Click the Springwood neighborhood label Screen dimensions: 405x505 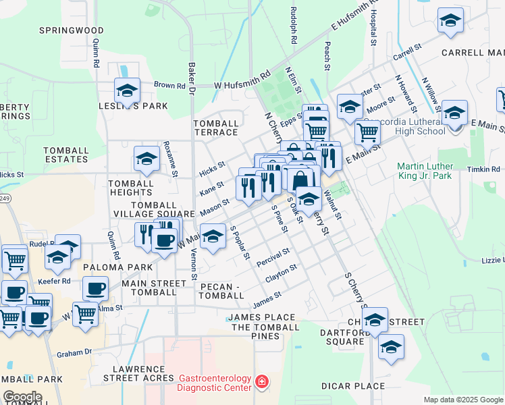[71, 30]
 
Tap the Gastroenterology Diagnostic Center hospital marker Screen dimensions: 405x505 [262, 383]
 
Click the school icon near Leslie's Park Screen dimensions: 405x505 [127, 90]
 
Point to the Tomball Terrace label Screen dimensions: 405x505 [216, 128]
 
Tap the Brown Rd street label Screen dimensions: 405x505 [169, 86]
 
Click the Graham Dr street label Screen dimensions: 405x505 [74, 352]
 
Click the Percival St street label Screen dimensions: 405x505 [273, 256]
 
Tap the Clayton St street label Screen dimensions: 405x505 [281, 273]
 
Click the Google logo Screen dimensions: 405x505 [22, 397]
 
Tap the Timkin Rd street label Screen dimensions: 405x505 [486, 169]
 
